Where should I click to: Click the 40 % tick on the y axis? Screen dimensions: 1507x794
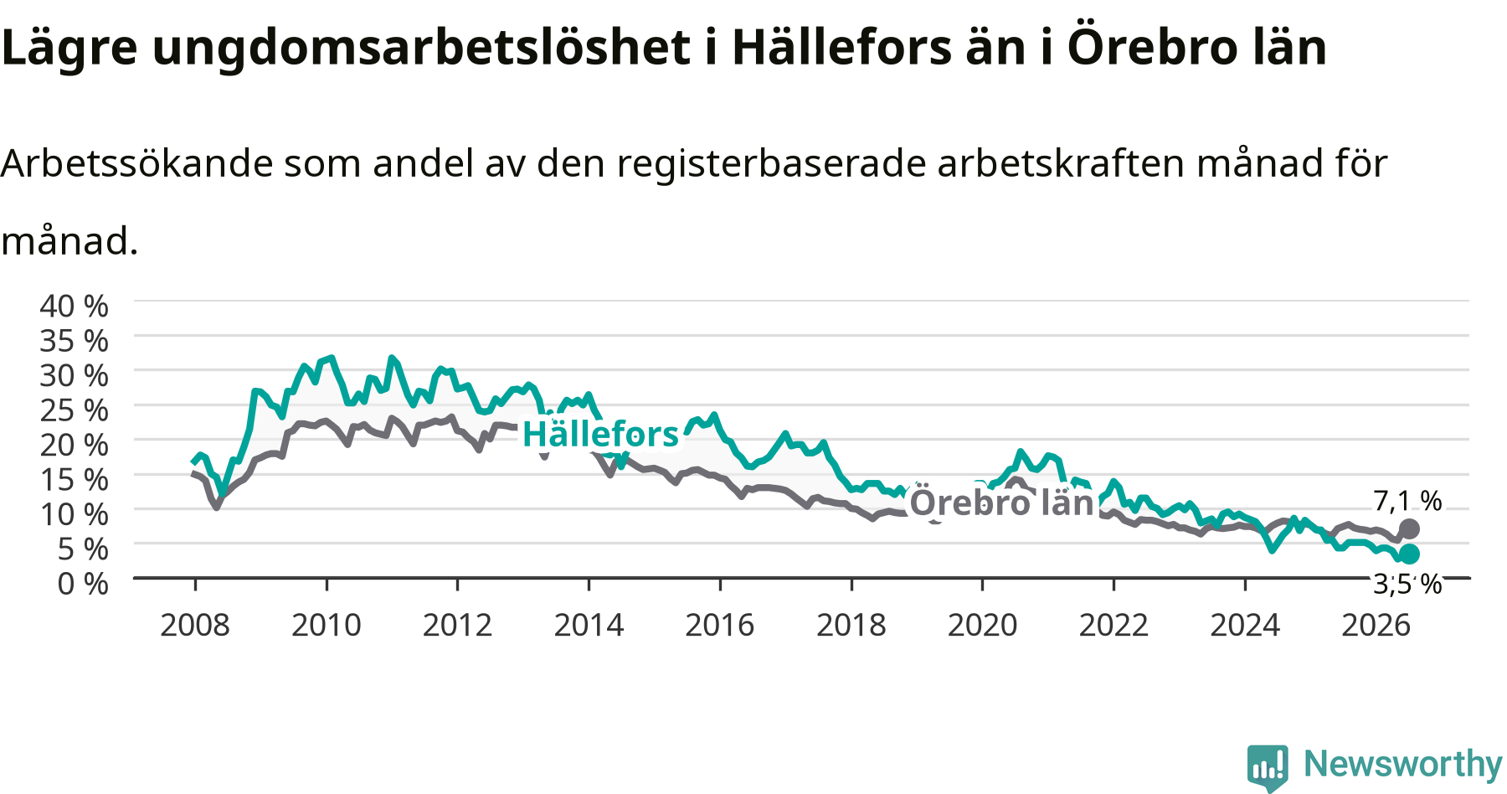[x=75, y=307]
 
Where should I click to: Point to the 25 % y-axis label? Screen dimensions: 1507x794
[x=75, y=410]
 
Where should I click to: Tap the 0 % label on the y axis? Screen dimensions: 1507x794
[x=83, y=584]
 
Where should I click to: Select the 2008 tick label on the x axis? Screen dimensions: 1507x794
[x=195, y=625]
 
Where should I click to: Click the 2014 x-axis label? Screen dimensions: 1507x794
[x=589, y=625]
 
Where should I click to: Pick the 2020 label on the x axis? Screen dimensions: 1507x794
[x=982, y=625]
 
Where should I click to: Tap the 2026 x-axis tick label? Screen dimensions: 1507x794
[x=1376, y=625]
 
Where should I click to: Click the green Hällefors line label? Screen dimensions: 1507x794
[x=600, y=435]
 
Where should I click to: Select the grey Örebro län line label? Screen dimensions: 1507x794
[x=1002, y=503]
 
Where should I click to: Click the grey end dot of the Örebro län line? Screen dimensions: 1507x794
[x=1410, y=528]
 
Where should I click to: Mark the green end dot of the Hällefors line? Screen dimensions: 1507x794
[x=1410, y=554]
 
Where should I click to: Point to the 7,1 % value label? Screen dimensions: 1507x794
[x=1407, y=501]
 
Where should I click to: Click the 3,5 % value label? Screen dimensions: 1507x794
[x=1407, y=584]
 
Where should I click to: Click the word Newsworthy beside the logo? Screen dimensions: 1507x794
[x=1403, y=764]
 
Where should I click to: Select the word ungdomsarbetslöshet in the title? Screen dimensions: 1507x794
[x=421, y=48]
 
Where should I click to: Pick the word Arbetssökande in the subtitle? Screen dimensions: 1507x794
[x=136, y=162]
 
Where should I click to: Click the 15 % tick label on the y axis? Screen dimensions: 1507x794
[x=75, y=480]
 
